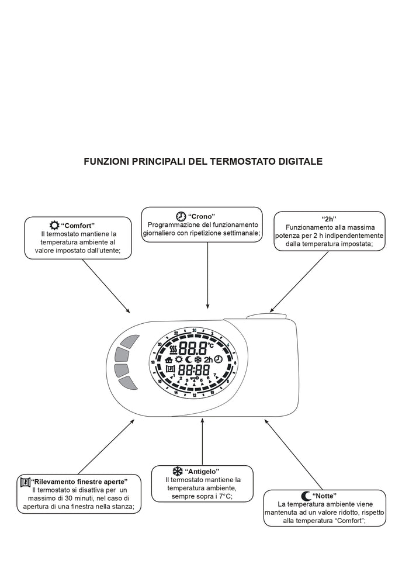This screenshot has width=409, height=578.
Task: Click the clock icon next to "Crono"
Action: coord(181,216)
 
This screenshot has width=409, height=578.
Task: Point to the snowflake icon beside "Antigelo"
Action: coord(177,471)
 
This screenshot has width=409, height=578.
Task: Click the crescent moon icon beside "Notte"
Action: coord(306,495)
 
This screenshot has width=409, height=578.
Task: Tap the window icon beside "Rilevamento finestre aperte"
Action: coord(25,482)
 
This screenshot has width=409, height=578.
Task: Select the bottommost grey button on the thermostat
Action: coord(129,383)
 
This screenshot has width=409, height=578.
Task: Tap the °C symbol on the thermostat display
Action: coord(210,345)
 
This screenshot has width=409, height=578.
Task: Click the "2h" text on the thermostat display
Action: coord(208,360)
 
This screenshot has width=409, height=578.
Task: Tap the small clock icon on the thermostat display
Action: coord(218,359)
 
